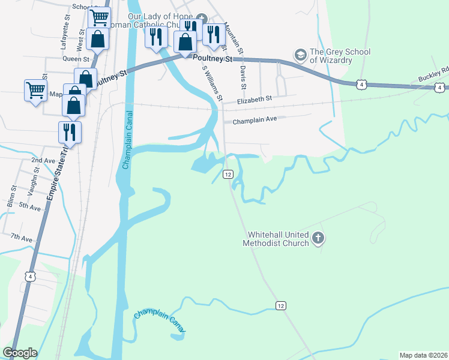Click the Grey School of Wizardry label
point(340,56)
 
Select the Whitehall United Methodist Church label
point(276,239)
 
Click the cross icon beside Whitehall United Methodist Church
point(318,239)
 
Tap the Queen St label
point(76,59)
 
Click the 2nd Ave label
point(43,161)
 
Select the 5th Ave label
point(29,207)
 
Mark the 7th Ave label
point(21,239)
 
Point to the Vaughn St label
point(37,179)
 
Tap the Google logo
point(20,353)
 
